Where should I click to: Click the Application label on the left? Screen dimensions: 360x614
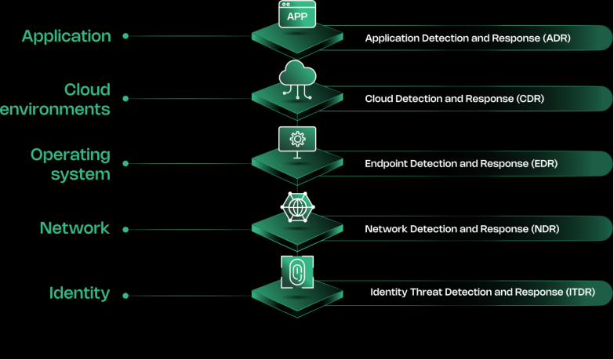[67, 36]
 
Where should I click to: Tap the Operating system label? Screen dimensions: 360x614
[71, 164]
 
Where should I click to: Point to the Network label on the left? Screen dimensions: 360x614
[74, 228]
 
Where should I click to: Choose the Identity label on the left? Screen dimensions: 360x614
[79, 293]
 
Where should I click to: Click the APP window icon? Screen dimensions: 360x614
[297, 15]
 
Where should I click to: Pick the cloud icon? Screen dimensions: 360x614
[297, 77]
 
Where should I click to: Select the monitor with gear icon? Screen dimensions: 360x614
[297, 141]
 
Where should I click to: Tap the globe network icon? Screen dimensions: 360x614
[297, 207]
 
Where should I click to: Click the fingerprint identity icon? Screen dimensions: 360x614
[297, 271]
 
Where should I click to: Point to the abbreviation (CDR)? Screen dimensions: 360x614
[530, 99]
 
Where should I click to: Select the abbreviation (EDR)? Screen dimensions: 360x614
[543, 164]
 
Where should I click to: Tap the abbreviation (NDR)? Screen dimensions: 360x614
[545, 229]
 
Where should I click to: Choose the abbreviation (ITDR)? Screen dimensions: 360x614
[579, 293]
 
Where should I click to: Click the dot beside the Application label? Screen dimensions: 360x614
[125, 35]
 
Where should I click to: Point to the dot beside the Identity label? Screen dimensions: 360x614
[125, 296]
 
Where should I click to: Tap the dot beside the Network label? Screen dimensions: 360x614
[125, 230]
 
